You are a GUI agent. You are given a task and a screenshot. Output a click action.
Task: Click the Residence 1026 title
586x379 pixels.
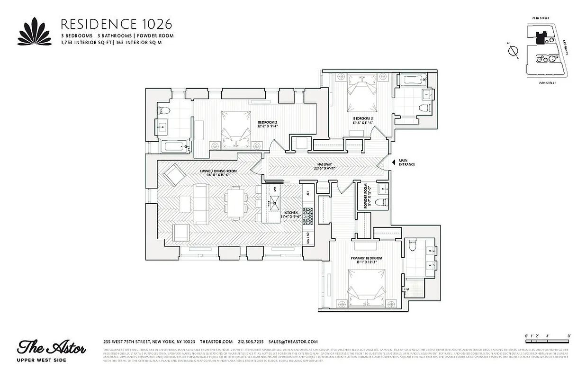click(x=116, y=24)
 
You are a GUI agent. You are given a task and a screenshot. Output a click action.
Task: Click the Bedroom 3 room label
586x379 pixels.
click(x=363, y=120)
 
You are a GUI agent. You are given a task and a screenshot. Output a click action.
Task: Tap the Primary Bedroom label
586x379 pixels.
click(x=367, y=260)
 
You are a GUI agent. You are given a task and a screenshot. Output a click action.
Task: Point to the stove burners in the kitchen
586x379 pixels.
click(x=308, y=217)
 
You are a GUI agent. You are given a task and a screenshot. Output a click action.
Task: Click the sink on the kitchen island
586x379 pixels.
click(x=274, y=204)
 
